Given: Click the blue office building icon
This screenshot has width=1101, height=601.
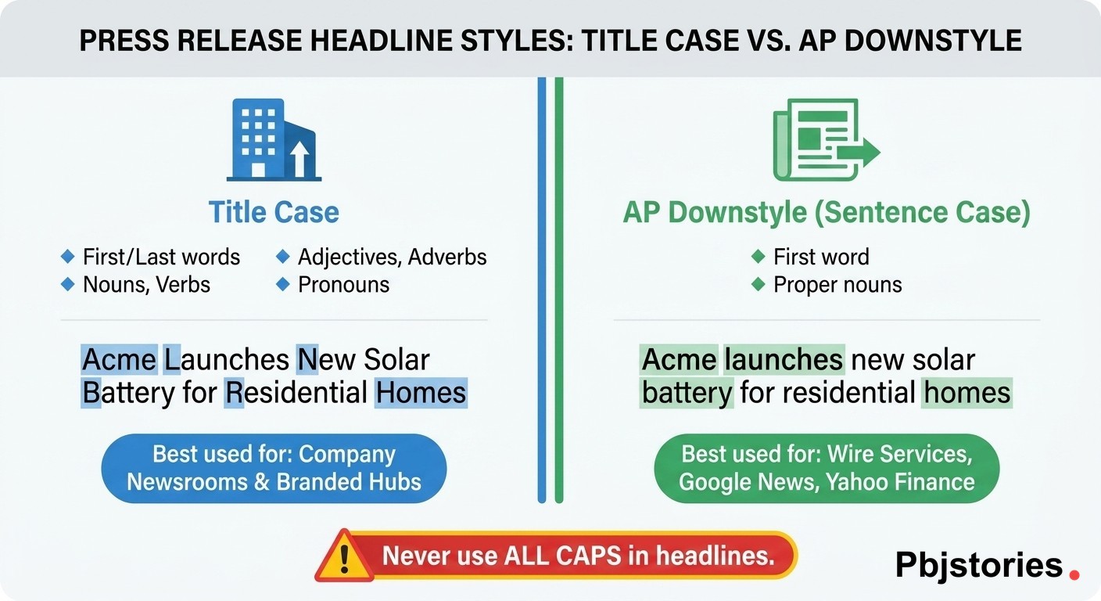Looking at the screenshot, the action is (x=274, y=139).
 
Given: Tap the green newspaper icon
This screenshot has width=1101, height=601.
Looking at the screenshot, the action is (x=827, y=139).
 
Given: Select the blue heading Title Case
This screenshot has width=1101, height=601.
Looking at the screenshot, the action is (x=274, y=212).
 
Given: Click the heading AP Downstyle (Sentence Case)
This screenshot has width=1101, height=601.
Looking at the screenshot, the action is (x=827, y=213).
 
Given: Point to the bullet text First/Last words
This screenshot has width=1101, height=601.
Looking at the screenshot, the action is (x=161, y=257).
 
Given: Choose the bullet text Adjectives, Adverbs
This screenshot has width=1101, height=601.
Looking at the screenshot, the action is (x=393, y=257).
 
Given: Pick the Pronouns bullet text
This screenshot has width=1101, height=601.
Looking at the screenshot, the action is (x=343, y=285).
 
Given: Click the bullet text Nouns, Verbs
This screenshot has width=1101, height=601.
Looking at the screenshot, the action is (x=146, y=285).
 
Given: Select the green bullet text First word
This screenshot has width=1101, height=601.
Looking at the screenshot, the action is (x=821, y=257).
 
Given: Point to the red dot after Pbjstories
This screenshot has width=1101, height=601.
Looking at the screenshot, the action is (x=1074, y=574).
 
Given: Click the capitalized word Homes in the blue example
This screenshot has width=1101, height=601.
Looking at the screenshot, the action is (x=421, y=393).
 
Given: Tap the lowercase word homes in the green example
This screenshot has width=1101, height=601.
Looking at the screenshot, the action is (x=967, y=393).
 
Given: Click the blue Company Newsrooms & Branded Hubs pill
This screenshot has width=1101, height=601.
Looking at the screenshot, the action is (x=274, y=468).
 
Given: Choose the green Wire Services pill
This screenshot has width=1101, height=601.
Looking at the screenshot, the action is (x=827, y=468).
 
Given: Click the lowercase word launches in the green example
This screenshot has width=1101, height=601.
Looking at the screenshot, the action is (x=784, y=359).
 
